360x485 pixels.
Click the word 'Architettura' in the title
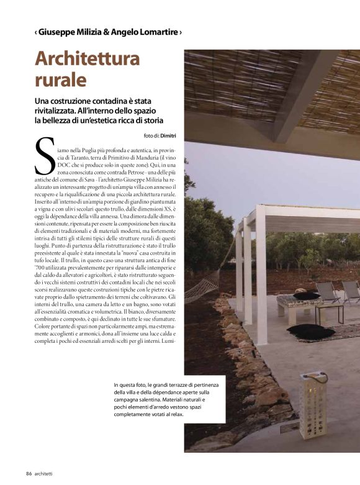click(88, 60)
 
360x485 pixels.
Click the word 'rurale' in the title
click(60, 80)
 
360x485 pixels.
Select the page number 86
click(29, 474)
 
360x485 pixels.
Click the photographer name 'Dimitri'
click(169, 135)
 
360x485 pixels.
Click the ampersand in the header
click(98, 32)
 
